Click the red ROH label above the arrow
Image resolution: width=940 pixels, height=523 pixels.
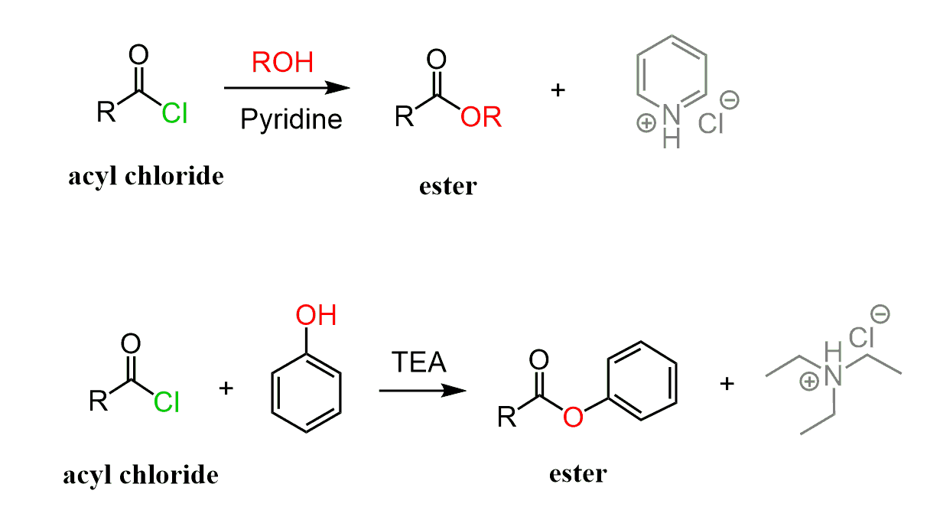pyautogui.click(x=282, y=62)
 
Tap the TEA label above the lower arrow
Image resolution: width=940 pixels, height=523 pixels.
pyautogui.click(x=418, y=362)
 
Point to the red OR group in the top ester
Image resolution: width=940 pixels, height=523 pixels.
pyautogui.click(x=481, y=118)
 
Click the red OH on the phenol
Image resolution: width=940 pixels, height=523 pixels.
pyautogui.click(x=316, y=314)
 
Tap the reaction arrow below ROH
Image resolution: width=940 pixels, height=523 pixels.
pyautogui.click(x=286, y=88)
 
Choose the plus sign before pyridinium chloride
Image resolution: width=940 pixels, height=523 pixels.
pyautogui.click(x=558, y=90)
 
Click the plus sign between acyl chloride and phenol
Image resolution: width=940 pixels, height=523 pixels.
pyautogui.click(x=226, y=388)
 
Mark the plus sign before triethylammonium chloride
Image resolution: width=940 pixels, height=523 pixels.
pyautogui.click(x=727, y=383)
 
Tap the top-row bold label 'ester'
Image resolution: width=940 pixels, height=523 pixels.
pyautogui.click(x=447, y=186)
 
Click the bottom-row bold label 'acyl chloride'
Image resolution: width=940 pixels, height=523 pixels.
pyautogui.click(x=141, y=475)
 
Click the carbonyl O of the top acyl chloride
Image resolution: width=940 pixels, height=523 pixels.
pyautogui.click(x=138, y=55)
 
